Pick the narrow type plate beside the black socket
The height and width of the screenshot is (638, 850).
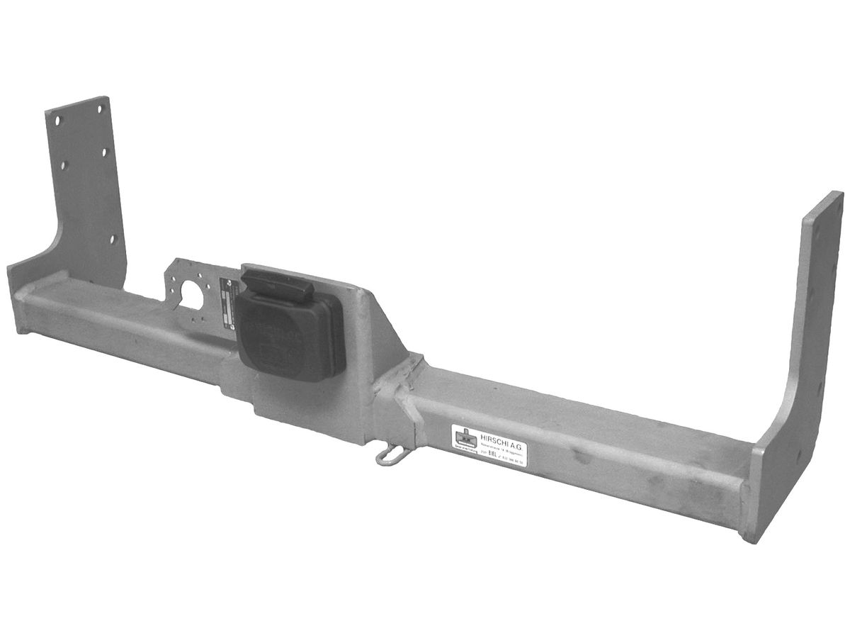coord(228,302)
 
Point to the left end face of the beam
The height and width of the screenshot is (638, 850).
coord(19,301)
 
